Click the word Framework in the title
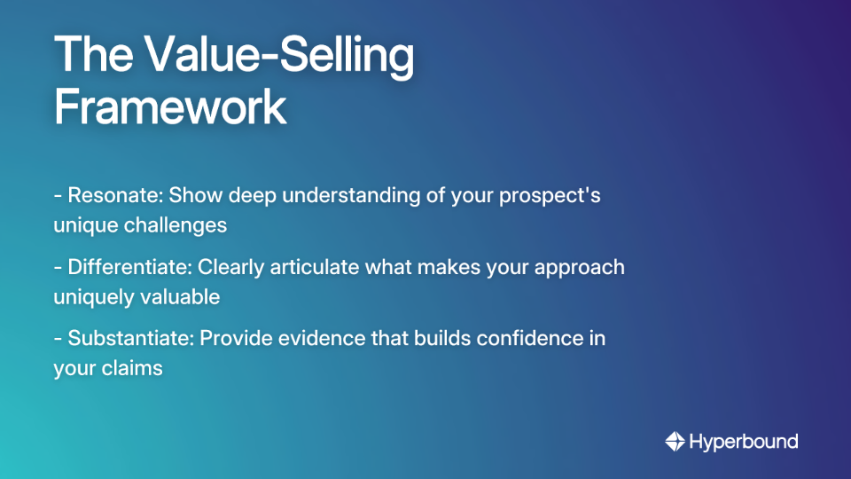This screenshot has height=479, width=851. coord(170,107)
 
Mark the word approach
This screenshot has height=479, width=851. coord(582,267)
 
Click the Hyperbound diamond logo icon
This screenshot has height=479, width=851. coord(675,441)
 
